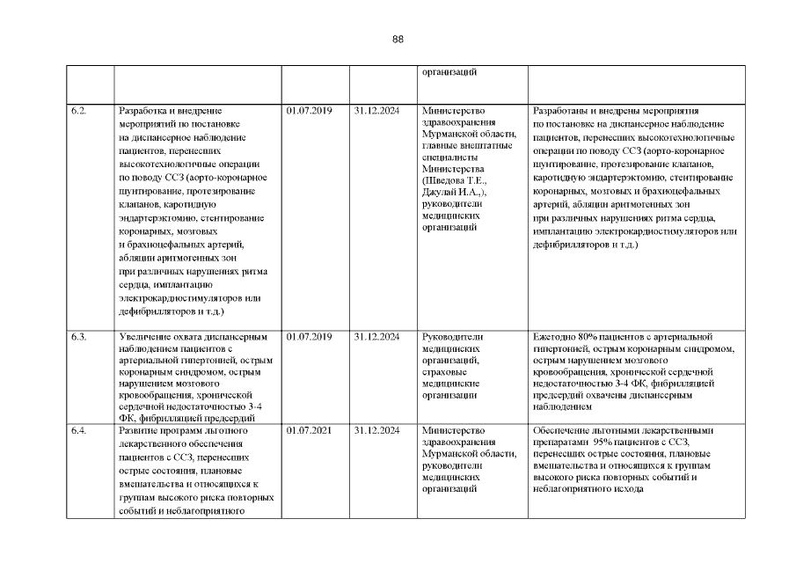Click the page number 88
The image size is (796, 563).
point(398,40)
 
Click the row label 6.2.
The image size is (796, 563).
point(78,112)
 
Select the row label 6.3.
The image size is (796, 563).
point(78,337)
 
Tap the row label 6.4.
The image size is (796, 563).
point(78,431)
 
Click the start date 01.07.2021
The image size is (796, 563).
point(309,431)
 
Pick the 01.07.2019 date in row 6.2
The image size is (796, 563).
point(309,112)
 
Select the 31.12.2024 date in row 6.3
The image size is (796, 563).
point(377,337)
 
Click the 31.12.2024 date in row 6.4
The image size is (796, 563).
point(377,431)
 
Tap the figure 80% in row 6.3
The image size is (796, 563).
point(588,337)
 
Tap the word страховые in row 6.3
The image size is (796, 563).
point(445,372)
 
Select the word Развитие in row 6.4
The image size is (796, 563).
point(138,431)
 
